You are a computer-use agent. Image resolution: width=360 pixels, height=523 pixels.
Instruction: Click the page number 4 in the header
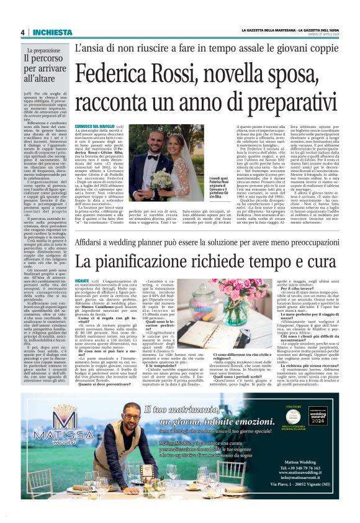tap(22, 32)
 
